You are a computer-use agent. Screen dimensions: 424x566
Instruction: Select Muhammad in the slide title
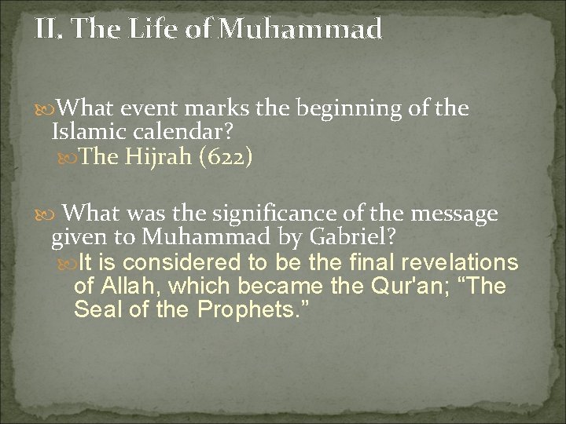[300, 30]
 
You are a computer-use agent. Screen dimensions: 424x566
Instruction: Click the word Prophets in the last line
[252, 309]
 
